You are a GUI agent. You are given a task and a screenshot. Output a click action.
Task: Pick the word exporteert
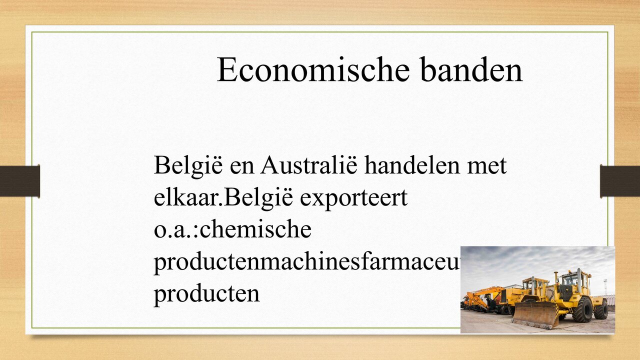(x=353, y=198)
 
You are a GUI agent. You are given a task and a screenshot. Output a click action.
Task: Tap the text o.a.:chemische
(x=232, y=229)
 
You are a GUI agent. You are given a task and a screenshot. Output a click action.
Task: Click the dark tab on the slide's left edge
(x=20, y=180)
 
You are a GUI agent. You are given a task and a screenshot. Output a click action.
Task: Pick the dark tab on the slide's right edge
(x=619, y=180)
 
